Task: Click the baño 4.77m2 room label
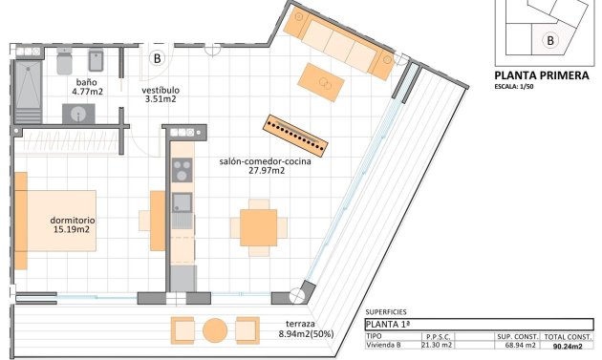[90, 88]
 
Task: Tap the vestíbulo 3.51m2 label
[161, 94]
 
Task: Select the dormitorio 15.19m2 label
[71, 224]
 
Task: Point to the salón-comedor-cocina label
[266, 166]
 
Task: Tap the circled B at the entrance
[157, 58]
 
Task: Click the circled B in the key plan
[549, 40]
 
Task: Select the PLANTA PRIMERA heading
[541, 75]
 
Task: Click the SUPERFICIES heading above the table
[386, 312]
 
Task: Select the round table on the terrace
[215, 330]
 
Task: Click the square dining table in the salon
[258, 227]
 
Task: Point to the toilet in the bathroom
[64, 61]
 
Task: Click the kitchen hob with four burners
[182, 170]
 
